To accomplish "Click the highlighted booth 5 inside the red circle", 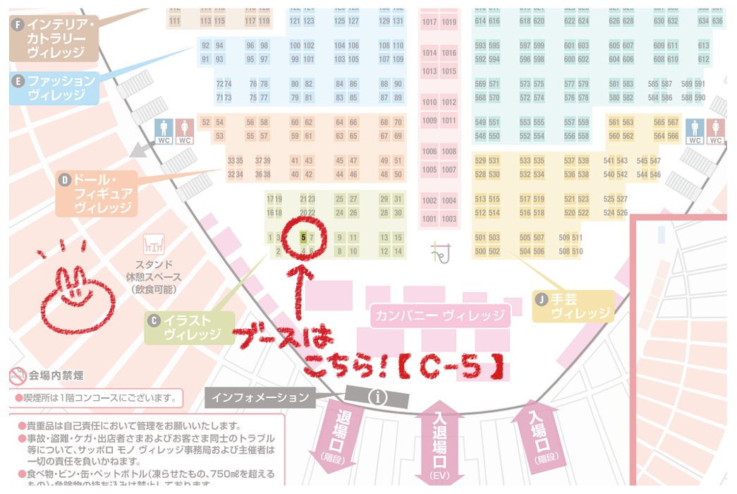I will [303, 237].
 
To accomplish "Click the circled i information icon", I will [379, 397].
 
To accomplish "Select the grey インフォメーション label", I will [260, 397].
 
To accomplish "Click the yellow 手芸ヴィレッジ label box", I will [573, 306].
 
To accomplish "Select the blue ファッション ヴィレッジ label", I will [54, 88].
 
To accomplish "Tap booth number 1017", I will [430, 22].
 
